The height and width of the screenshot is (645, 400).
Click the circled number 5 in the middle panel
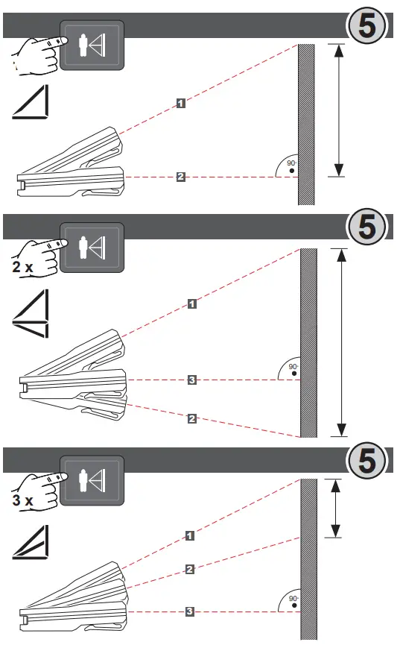tap(367, 228)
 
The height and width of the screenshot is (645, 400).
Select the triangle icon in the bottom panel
tap(31, 542)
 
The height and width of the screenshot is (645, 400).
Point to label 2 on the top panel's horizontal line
tap(181, 177)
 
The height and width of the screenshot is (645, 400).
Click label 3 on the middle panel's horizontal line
tap(191, 380)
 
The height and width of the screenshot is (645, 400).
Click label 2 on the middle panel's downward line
tap(191, 420)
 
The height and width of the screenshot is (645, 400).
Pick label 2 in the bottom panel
tap(190, 570)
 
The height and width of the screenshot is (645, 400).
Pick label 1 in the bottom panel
tap(190, 535)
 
